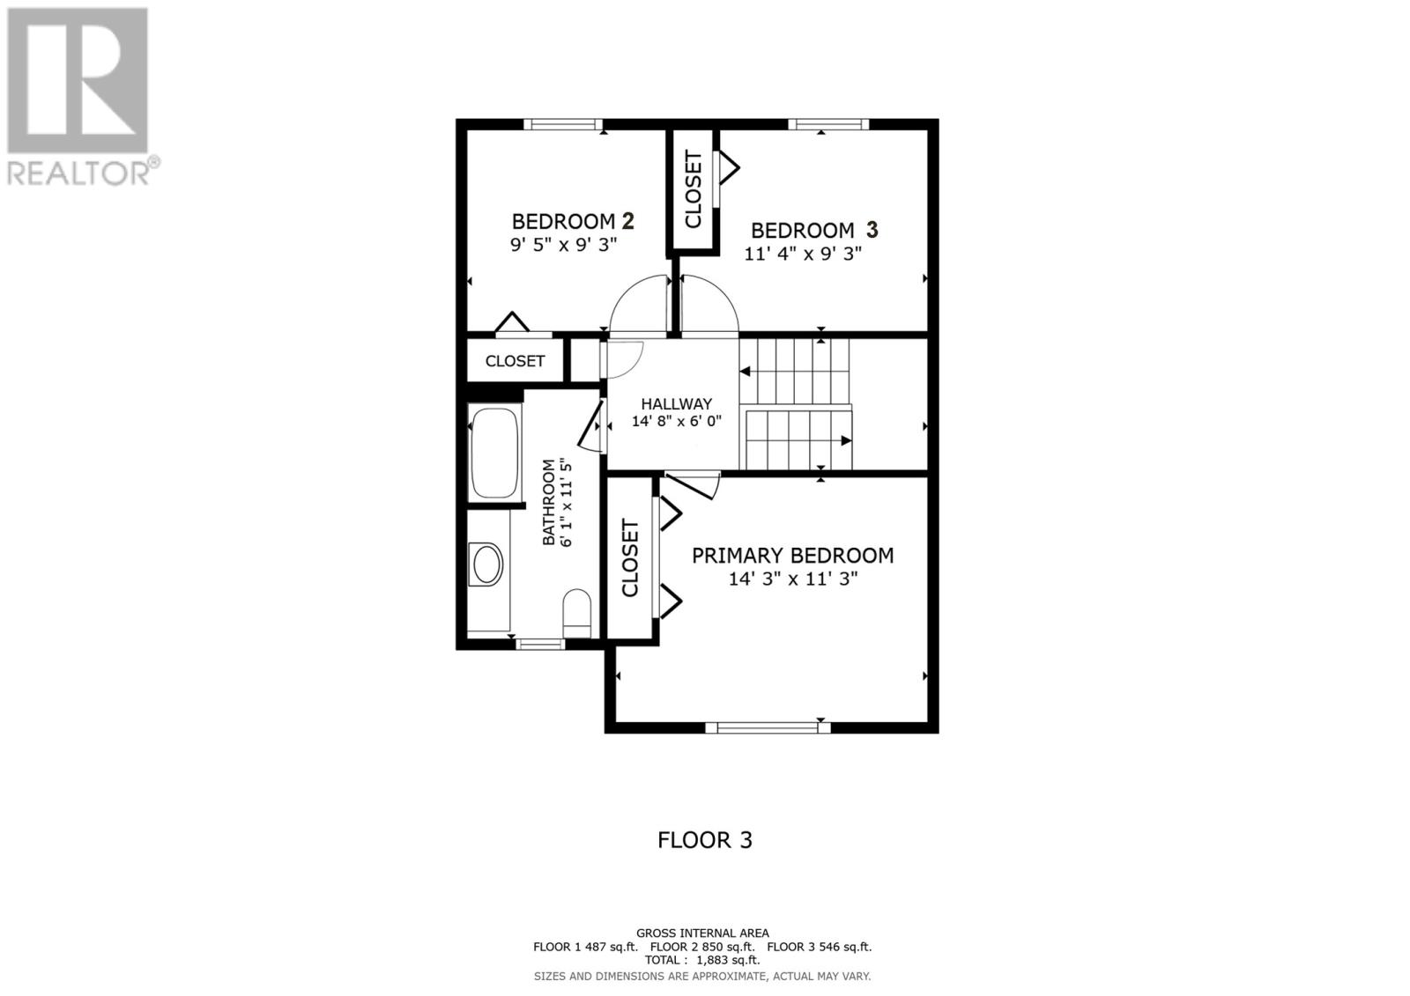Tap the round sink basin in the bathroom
point(486,564)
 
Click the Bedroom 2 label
point(573,220)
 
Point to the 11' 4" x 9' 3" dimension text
point(802,254)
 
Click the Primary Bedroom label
point(792,556)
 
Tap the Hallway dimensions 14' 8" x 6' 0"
point(676,421)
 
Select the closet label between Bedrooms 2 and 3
point(694,189)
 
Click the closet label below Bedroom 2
point(515,361)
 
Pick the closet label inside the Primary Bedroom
point(630,558)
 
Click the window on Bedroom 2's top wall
point(563,124)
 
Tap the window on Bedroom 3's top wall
point(827,124)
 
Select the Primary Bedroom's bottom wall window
point(768,727)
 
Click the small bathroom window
point(539,645)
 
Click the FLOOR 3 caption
point(705,840)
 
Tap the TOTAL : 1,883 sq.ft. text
point(702,961)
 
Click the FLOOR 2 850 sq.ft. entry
point(701,947)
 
